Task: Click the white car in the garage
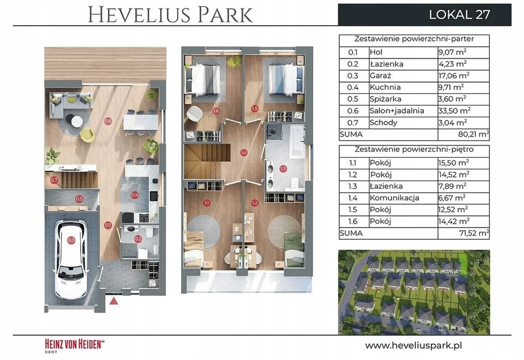(x=71, y=260)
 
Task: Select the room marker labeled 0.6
(x=108, y=121)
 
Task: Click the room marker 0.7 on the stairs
(x=54, y=181)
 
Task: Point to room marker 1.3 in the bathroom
(x=283, y=169)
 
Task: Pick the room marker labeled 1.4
(x=244, y=153)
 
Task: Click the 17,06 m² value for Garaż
(x=453, y=76)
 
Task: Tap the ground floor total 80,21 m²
(x=474, y=134)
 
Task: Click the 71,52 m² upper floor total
(x=474, y=233)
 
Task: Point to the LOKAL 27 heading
(x=460, y=14)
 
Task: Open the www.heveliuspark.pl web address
(x=413, y=345)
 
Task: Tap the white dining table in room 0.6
(x=141, y=122)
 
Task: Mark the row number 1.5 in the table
(x=353, y=209)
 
